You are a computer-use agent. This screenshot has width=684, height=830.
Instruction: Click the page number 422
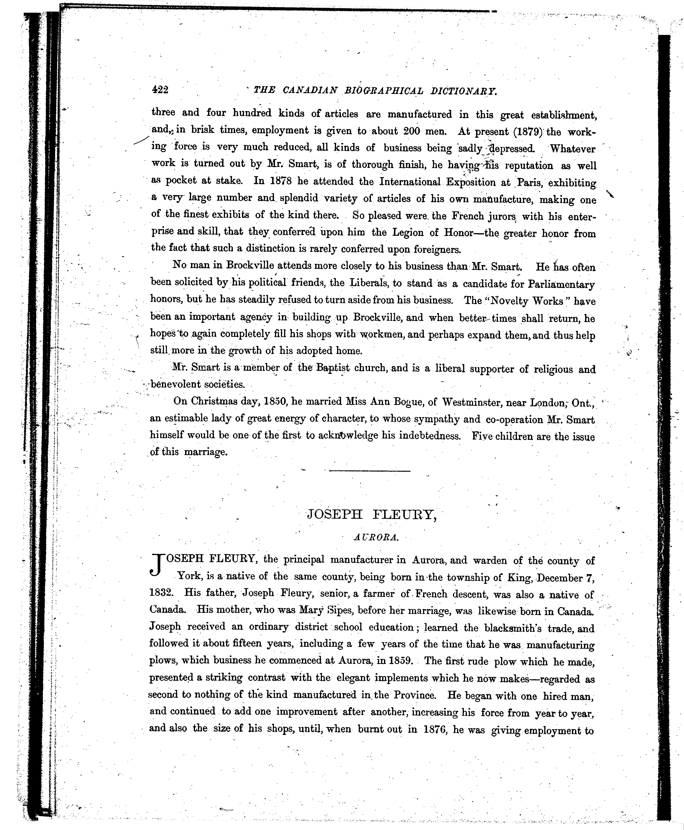tap(160, 90)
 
